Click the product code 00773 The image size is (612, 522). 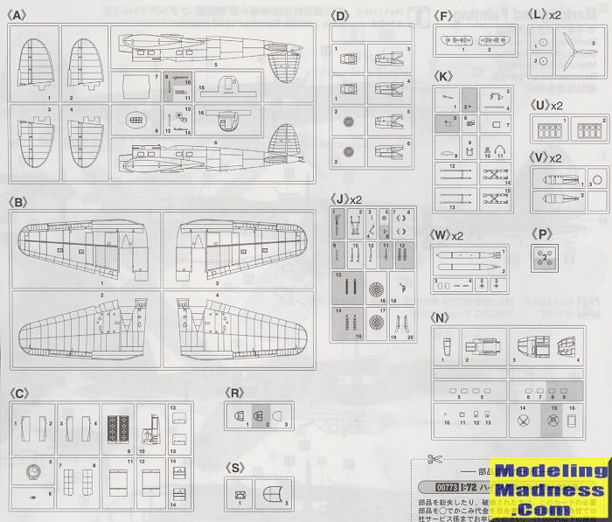[443, 486]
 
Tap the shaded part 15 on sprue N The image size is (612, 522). [552, 420]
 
